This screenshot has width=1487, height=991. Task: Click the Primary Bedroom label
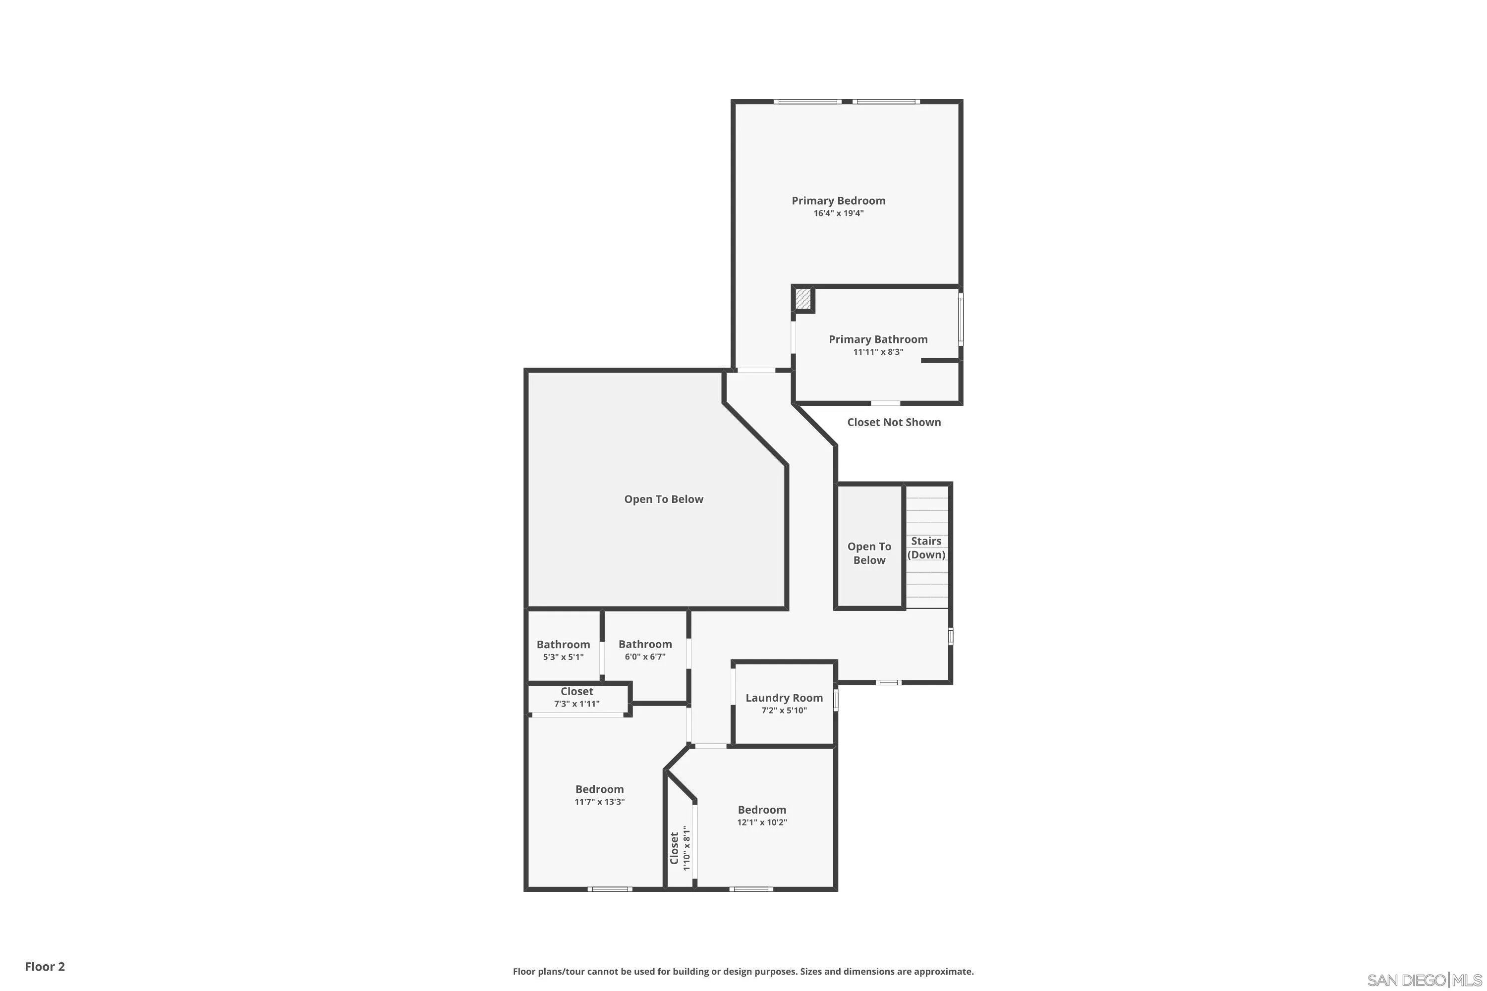pyautogui.click(x=838, y=200)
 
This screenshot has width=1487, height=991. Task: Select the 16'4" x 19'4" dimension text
pyautogui.click(x=838, y=214)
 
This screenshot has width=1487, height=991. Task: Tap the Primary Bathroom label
pyautogui.click(x=878, y=339)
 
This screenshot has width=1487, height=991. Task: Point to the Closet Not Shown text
pyautogui.click(x=894, y=422)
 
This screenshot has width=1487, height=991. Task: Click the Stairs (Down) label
pyautogui.click(x=926, y=548)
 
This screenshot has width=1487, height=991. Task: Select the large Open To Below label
pyautogui.click(x=663, y=499)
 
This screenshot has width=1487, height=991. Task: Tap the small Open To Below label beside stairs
pyautogui.click(x=869, y=553)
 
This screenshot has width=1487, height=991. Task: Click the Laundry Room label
pyautogui.click(x=784, y=698)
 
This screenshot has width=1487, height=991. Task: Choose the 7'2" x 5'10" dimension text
pyautogui.click(x=784, y=711)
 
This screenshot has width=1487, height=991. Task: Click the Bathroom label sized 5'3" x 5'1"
pyautogui.click(x=563, y=645)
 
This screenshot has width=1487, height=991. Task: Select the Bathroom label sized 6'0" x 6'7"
pyautogui.click(x=645, y=644)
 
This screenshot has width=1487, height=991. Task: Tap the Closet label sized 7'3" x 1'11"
pyautogui.click(x=576, y=691)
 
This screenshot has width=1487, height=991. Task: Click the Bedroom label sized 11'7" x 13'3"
pyautogui.click(x=599, y=789)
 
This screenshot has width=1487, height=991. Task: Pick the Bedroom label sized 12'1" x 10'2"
pyautogui.click(x=762, y=810)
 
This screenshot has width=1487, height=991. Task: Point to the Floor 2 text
pyautogui.click(x=45, y=966)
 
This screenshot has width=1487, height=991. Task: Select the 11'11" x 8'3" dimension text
pyautogui.click(x=878, y=352)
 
